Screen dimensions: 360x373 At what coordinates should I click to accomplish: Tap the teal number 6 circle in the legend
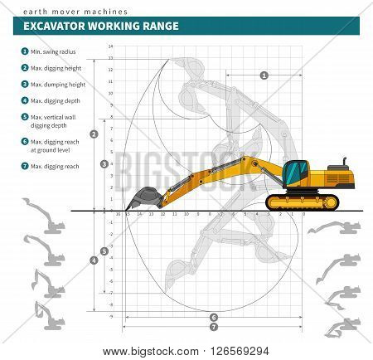(x=25, y=143)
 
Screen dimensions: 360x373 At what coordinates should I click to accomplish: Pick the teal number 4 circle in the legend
(x=25, y=100)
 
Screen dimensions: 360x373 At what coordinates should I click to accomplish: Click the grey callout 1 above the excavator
(x=264, y=75)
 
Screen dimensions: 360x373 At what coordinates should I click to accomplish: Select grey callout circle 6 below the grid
(x=213, y=317)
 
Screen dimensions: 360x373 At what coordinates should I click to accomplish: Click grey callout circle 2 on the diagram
(x=94, y=134)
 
